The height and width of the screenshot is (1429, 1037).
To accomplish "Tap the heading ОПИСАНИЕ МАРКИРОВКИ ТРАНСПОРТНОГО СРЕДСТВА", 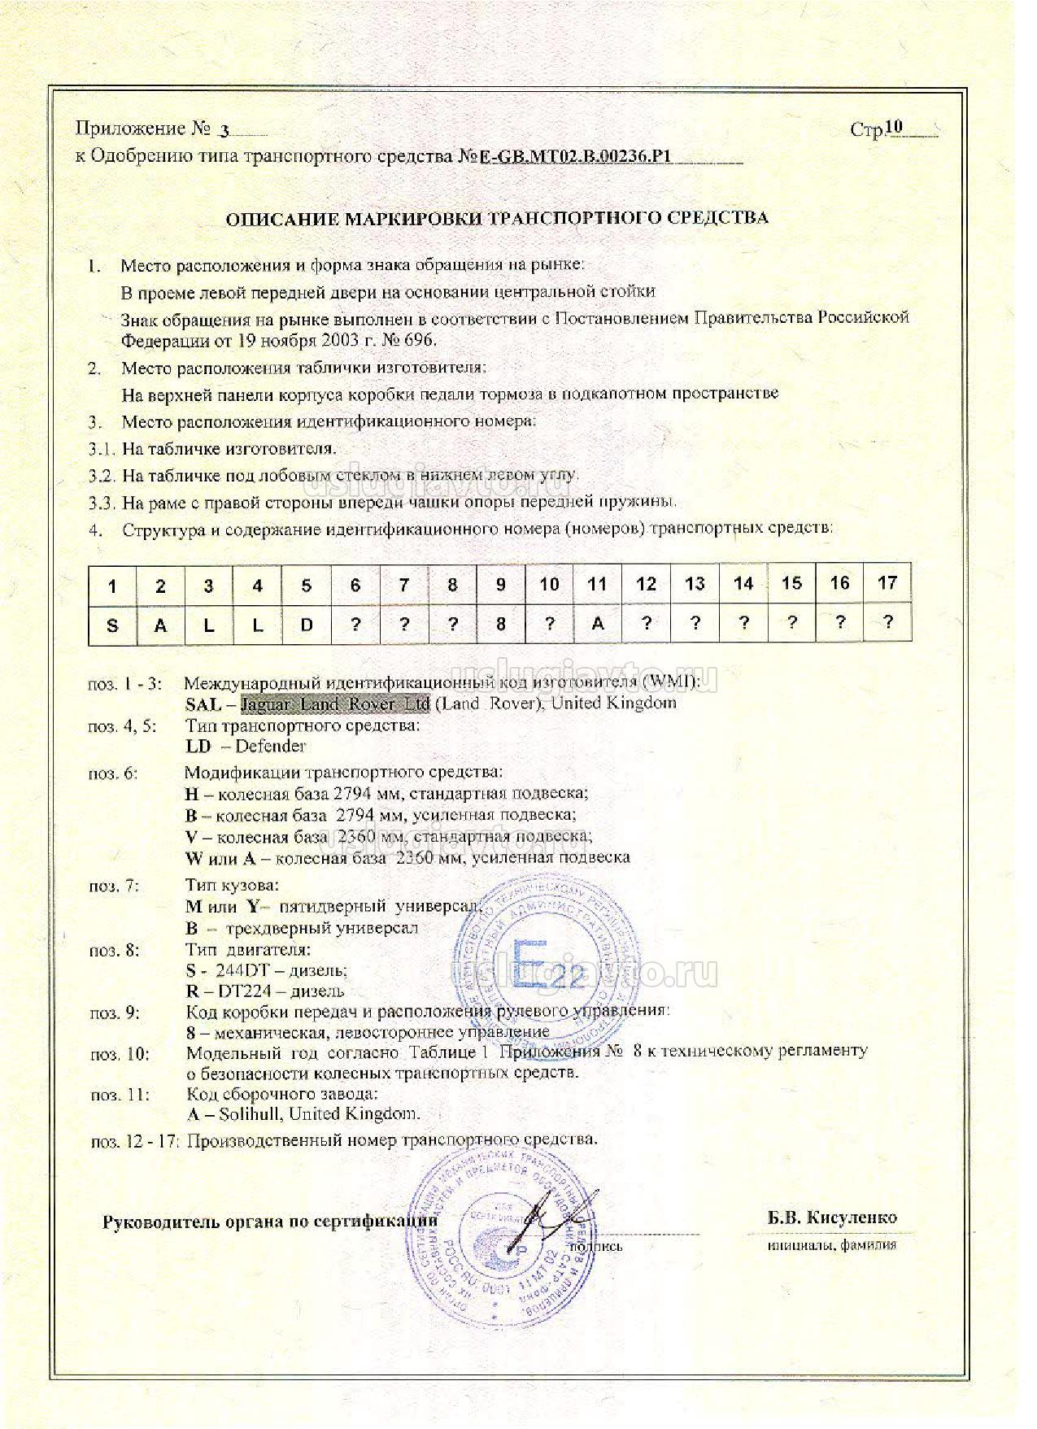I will [x=496, y=218].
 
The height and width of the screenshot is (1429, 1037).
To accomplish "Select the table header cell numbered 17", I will [x=887, y=583].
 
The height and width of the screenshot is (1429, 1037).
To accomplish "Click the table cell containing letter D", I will [x=306, y=625].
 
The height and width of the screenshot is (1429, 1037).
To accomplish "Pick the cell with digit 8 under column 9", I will [x=501, y=625].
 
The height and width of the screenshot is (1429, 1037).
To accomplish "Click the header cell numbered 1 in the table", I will [x=112, y=586].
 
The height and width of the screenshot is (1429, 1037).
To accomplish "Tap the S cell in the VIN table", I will [x=112, y=625].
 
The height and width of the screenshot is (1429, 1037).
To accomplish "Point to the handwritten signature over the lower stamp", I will [x=549, y=1220].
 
